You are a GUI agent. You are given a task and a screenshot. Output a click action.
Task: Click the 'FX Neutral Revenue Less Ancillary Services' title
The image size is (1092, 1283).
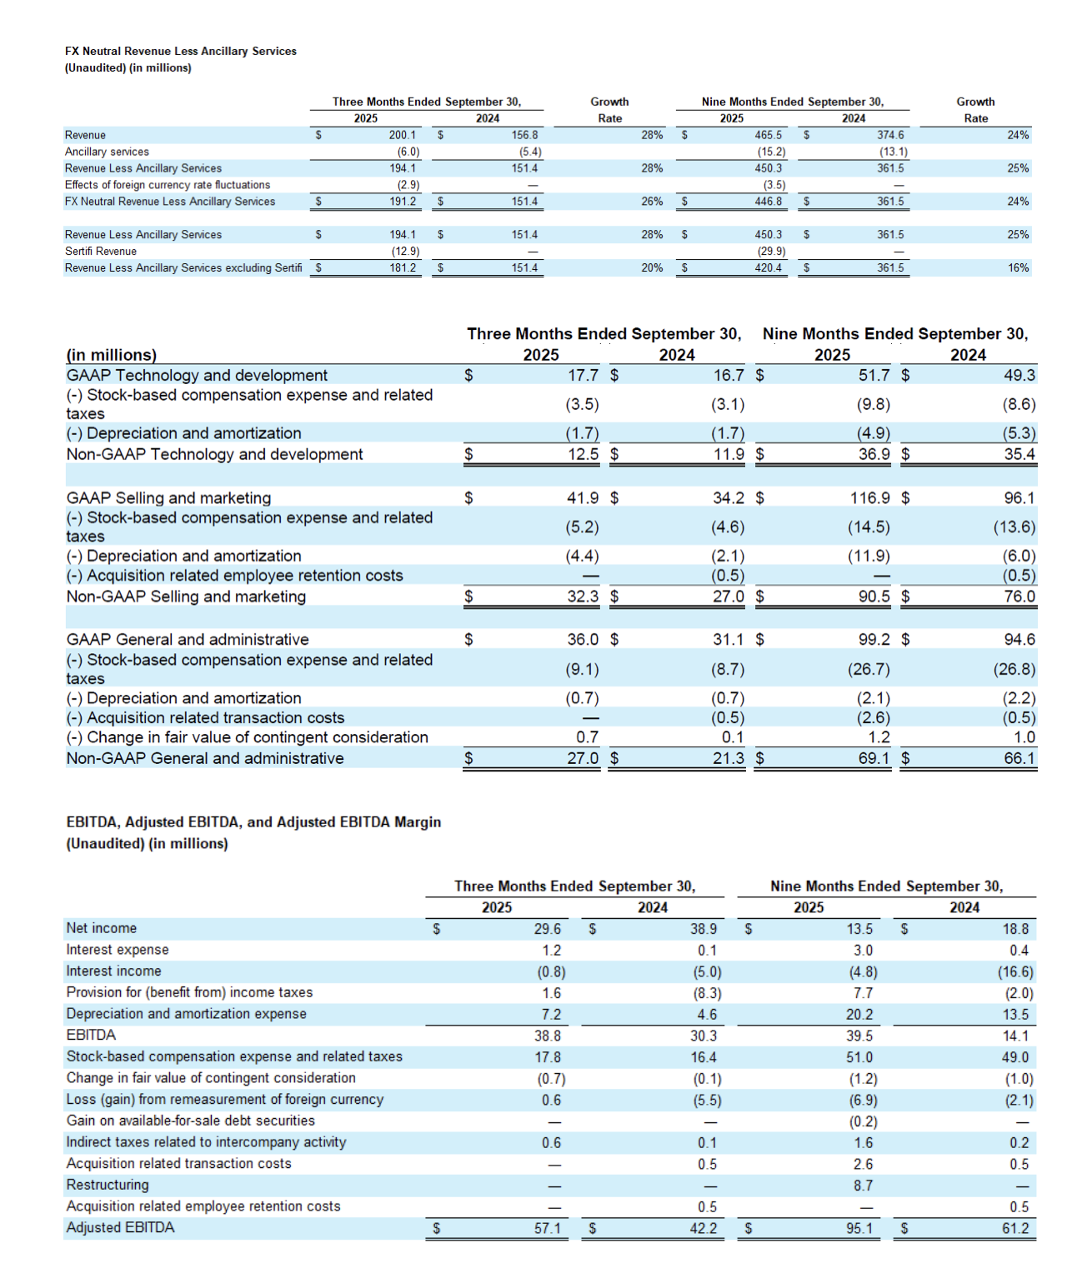pyautogui.click(x=181, y=52)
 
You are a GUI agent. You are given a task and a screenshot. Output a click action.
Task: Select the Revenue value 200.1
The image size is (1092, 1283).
pyautogui.click(x=402, y=135)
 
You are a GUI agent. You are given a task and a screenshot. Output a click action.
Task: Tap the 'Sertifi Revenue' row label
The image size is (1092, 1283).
pyautogui.click(x=101, y=252)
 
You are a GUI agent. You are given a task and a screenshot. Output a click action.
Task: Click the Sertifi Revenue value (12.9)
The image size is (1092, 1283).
pyautogui.click(x=405, y=252)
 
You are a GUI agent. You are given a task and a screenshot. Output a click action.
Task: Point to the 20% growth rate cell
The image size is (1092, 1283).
pyautogui.click(x=652, y=268)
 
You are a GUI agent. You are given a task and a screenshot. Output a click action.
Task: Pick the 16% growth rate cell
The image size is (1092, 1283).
pyautogui.click(x=1018, y=268)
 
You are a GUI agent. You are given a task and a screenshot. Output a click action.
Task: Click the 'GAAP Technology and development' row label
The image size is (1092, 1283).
pyautogui.click(x=197, y=376)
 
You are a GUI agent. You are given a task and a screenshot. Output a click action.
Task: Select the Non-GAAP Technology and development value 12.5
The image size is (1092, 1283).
pyautogui.click(x=583, y=454)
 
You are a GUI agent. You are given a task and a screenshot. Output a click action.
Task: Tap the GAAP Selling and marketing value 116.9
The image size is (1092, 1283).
pyautogui.click(x=869, y=498)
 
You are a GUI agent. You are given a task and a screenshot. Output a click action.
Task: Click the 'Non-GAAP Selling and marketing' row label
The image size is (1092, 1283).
pyautogui.click(x=186, y=597)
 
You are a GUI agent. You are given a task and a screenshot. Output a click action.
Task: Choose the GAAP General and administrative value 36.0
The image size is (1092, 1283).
pyautogui.click(x=583, y=640)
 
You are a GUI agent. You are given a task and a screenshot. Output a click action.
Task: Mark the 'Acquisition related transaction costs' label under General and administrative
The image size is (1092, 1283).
pyautogui.click(x=215, y=718)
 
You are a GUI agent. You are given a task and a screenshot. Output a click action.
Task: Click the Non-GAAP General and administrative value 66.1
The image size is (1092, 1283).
pyautogui.click(x=1019, y=758)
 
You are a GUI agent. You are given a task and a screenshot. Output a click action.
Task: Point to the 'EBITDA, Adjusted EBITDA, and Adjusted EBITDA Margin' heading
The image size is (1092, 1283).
pyautogui.click(x=253, y=822)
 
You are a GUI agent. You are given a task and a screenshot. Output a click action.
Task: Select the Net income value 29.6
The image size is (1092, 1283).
pyautogui.click(x=547, y=929)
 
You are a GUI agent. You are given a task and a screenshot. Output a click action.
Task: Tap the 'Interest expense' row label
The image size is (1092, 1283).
pyautogui.click(x=118, y=950)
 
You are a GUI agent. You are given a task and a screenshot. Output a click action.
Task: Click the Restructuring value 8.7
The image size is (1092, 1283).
pyautogui.click(x=863, y=1186)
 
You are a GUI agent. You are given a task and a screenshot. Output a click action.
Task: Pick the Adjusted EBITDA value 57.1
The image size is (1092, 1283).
pyautogui.click(x=547, y=1228)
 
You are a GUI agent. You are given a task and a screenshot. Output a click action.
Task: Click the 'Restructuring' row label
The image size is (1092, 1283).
pyautogui.click(x=108, y=1185)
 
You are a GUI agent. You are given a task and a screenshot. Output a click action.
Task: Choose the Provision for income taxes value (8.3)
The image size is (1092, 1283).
pyautogui.click(x=707, y=993)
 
